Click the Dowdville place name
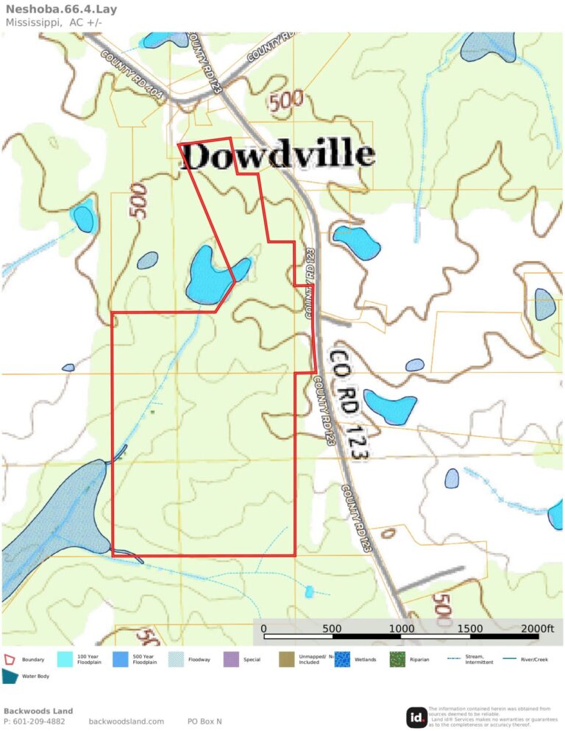pos(277,155)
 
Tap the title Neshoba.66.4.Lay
pos(51,10)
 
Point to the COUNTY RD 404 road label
pos(132,75)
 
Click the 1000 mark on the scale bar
pos(402,628)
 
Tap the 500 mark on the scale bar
pos(332,628)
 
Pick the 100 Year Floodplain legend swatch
pos(65,660)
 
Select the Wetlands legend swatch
pos(342,660)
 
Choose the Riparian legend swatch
pos(397,660)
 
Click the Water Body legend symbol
pos(10,677)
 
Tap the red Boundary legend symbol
pos(10,660)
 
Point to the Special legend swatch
pos(231,660)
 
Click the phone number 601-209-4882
pos(39,721)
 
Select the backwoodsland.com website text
pos(126,721)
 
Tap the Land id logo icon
pos(416,717)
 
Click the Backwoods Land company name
pos(38,710)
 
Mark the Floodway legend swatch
pos(176,660)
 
